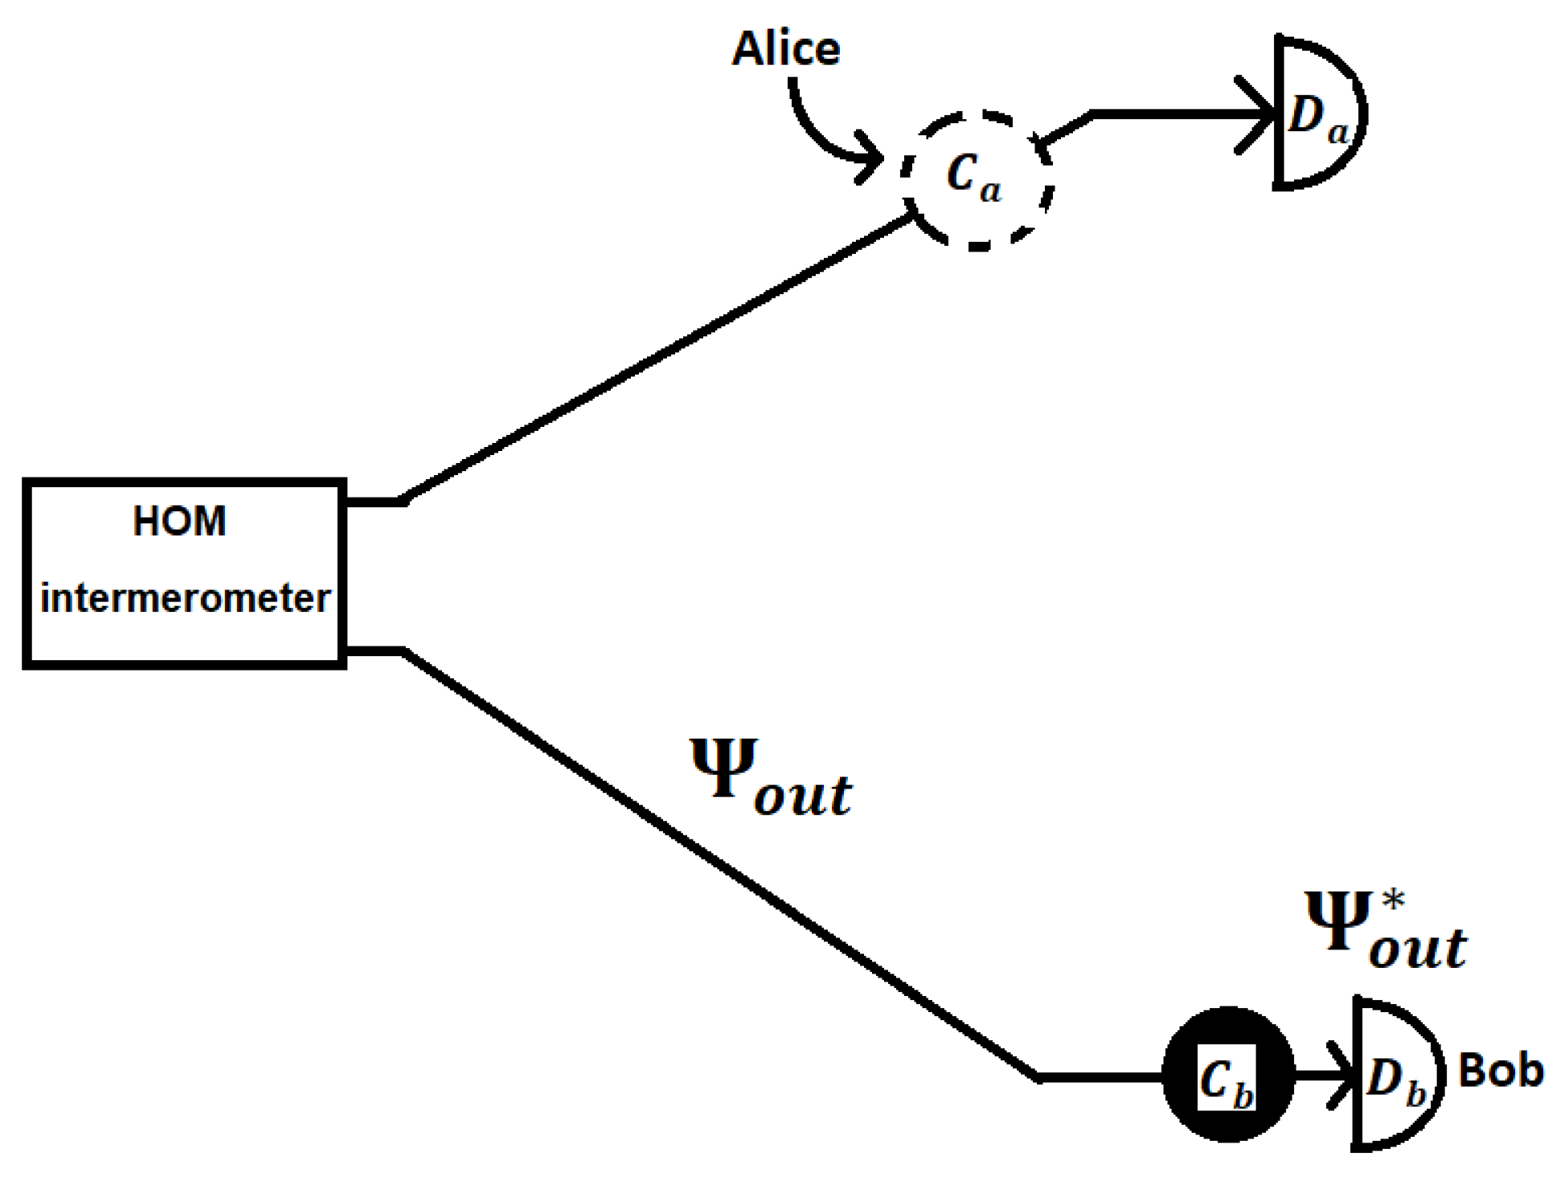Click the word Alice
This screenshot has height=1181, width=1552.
(x=786, y=50)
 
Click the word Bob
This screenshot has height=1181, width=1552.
(x=1500, y=1071)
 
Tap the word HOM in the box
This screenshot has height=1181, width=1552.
(x=179, y=521)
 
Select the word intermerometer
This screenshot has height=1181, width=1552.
(x=185, y=598)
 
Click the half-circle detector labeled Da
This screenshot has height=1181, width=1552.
(x=1318, y=113)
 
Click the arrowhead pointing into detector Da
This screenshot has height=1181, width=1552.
(x=1259, y=115)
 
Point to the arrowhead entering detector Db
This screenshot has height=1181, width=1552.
(x=1344, y=1075)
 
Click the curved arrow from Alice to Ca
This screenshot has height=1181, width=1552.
(x=820, y=133)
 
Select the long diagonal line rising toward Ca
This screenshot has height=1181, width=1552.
(x=659, y=358)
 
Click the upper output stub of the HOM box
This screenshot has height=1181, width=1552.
(x=375, y=502)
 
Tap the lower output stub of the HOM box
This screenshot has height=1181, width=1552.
(x=375, y=650)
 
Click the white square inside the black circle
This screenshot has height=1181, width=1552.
(x=1226, y=1077)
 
